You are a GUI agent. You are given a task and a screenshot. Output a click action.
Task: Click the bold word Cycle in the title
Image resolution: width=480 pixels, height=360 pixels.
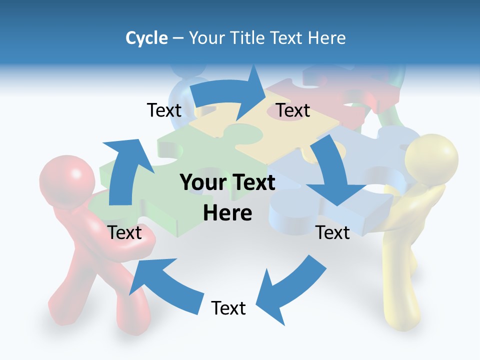click(x=146, y=38)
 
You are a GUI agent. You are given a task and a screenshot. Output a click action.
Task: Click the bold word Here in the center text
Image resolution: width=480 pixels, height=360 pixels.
click(x=227, y=213)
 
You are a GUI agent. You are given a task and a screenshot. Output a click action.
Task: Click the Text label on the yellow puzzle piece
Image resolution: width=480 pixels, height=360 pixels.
click(x=293, y=110)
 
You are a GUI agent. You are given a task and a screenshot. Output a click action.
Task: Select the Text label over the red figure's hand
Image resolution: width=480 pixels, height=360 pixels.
click(x=124, y=232)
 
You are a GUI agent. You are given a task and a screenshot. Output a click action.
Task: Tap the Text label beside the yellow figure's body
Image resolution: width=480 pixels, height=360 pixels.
click(x=333, y=232)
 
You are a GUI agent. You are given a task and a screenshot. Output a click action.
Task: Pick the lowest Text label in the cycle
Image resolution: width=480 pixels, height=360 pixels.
click(x=228, y=308)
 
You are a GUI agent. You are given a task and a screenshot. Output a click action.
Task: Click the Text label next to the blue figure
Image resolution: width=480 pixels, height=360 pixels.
click(x=164, y=110)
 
